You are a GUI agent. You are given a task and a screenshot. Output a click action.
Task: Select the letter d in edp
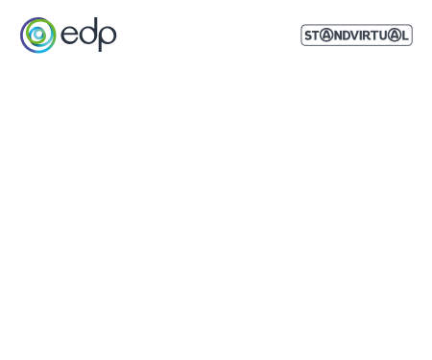89,36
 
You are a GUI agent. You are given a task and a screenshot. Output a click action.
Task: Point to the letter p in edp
108,38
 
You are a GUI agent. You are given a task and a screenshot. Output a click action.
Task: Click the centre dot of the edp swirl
37,36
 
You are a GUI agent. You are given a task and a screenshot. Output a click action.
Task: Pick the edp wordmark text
90,36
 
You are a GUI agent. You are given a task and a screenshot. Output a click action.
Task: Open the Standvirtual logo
356,36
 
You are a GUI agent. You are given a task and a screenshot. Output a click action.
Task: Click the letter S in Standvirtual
309,36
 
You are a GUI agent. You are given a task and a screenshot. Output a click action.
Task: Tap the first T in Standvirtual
317,36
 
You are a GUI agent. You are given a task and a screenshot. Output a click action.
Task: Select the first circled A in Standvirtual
325,36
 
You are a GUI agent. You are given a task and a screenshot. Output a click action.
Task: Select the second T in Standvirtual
374,36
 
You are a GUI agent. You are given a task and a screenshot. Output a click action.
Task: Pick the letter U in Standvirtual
383,36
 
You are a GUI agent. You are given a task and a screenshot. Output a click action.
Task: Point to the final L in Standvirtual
403,36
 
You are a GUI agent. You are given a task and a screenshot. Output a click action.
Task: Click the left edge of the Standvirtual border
302,36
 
